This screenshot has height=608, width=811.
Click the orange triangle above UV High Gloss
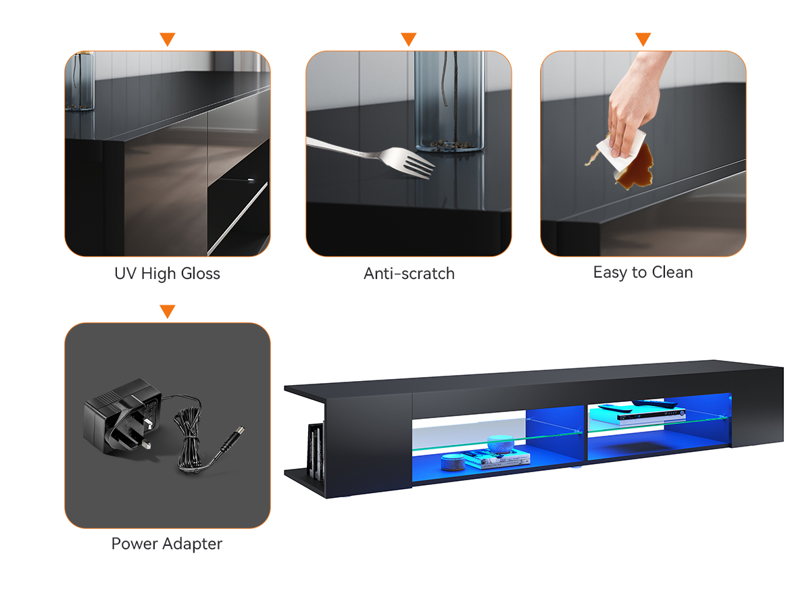[168, 39]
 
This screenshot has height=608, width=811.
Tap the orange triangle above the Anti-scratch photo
[409, 39]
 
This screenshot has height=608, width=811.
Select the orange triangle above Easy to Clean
[643, 39]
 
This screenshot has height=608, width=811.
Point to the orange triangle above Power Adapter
[168, 311]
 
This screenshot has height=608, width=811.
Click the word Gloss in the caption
[201, 274]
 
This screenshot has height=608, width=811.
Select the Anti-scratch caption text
[409, 274]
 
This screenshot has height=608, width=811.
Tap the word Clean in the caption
[672, 272]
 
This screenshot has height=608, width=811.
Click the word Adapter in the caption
[192, 544]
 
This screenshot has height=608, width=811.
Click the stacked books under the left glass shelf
[495, 460]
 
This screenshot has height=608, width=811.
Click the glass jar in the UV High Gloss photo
[80, 81]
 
